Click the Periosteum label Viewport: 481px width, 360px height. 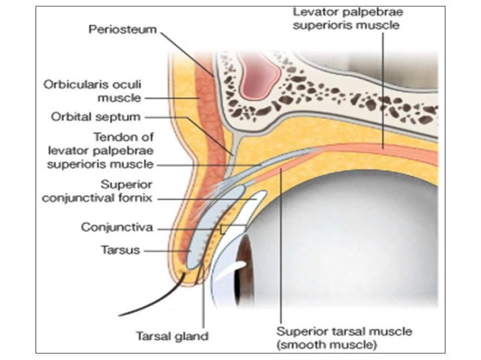point(122,29)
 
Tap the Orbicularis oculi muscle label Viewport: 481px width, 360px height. point(92,90)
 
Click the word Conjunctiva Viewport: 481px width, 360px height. point(117,227)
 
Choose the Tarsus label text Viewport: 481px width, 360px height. point(120,250)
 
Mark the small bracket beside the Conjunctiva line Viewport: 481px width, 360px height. point(223,228)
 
